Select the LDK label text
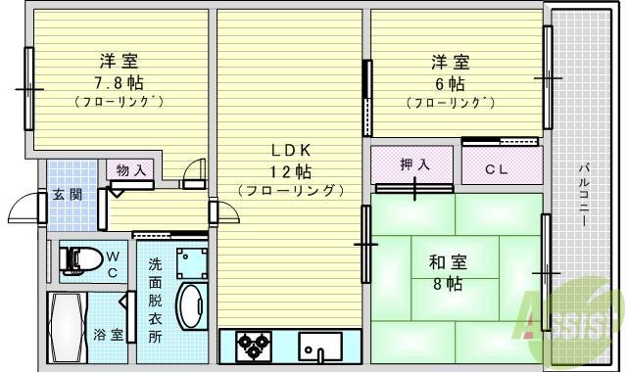tap(291, 151)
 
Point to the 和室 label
tap(448, 262)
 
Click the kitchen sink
tap(321, 347)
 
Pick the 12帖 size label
tap(291, 171)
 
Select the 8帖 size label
tap(448, 284)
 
